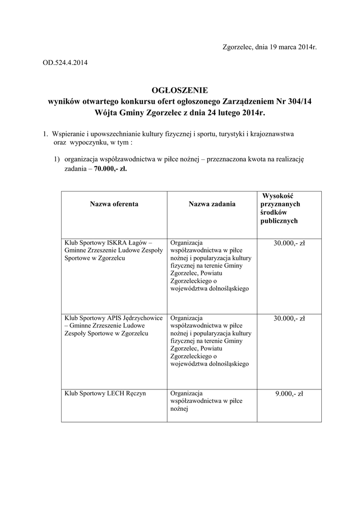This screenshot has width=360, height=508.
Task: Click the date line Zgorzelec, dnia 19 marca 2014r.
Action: coord(269,47)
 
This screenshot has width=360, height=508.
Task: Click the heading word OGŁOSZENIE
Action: coord(180,90)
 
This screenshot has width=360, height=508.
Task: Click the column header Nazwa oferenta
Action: coord(114,204)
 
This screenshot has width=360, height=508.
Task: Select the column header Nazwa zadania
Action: coord(212,204)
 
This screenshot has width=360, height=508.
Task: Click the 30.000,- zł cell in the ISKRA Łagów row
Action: coord(289,243)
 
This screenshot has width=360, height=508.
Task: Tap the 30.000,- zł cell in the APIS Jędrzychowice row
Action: coord(289,318)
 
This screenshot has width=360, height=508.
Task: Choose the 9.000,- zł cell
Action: coord(289,394)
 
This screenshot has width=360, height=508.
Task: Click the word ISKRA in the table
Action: coord(117,243)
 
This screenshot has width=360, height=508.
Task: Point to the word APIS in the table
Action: coord(116,318)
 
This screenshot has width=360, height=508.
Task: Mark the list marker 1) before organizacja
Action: coord(58,159)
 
